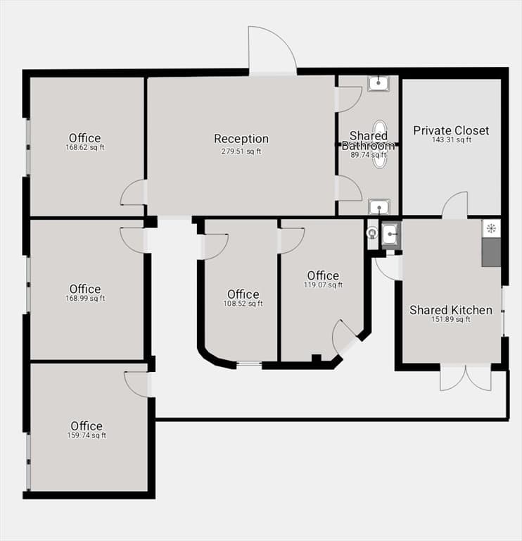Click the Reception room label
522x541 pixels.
[241, 139]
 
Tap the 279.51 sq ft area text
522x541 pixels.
[241, 151]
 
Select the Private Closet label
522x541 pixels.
[451, 130]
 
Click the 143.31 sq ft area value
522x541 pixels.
[452, 139]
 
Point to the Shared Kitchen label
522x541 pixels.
[451, 310]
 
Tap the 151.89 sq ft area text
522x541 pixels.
[451, 320]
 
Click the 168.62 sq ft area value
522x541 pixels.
[85, 147]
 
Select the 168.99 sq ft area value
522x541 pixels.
[85, 299]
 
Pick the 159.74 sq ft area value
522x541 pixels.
[87, 435]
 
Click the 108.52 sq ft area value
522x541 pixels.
[243, 304]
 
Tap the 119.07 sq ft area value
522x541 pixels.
[323, 285]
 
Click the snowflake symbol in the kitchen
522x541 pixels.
[491, 228]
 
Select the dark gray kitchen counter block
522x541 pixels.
[491, 252]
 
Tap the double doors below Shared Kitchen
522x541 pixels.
[466, 377]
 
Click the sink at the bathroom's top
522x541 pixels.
[378, 83]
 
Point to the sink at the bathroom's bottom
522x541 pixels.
[378, 207]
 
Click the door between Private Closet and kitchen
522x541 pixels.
[454, 205]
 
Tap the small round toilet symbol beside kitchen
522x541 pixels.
[372, 234]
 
